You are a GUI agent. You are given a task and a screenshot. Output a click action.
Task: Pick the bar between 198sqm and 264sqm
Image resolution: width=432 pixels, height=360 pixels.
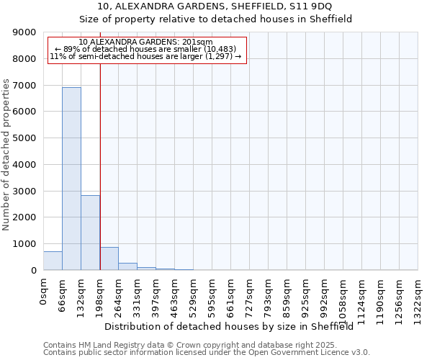tap(109, 258)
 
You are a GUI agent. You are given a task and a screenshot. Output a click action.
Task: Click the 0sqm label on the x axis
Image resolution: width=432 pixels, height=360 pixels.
tap(44, 292)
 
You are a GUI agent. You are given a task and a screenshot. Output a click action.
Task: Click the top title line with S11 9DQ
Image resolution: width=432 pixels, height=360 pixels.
tap(215, 7)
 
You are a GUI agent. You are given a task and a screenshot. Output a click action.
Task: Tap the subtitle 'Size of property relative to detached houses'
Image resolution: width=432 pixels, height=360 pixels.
tap(215, 19)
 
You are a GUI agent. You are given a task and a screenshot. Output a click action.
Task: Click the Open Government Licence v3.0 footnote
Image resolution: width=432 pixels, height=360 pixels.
tap(207, 352)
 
